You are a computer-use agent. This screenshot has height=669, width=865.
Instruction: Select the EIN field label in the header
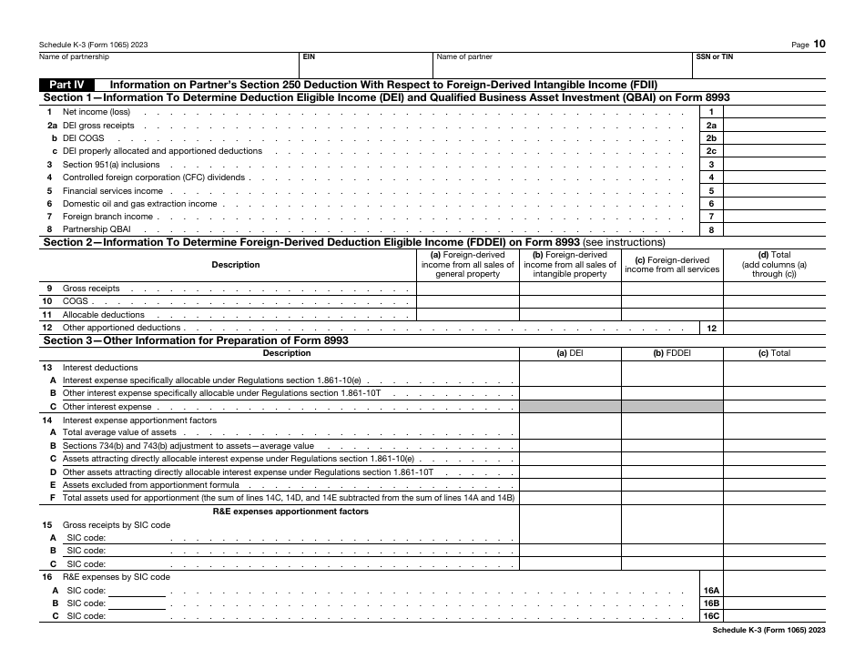pyautogui.click(x=309, y=56)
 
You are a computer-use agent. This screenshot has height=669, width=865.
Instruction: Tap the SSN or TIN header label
pyautogui.click(x=714, y=56)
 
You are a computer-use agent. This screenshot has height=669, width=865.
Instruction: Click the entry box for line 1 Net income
pyautogui.click(x=774, y=111)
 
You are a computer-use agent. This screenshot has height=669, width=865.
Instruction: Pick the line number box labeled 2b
pyautogui.click(x=711, y=138)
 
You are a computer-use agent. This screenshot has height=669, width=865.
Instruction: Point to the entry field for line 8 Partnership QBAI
pyautogui.click(x=774, y=230)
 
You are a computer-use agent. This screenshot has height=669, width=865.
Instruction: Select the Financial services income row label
pyautogui.click(x=113, y=191)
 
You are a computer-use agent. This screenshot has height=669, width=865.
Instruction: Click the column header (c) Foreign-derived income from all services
pyautogui.click(x=672, y=265)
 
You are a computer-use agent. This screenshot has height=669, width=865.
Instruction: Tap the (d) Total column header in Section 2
pyautogui.click(x=774, y=265)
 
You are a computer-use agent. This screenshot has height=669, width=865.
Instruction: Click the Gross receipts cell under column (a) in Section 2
pyautogui.click(x=468, y=289)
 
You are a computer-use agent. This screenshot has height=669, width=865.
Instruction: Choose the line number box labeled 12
pyautogui.click(x=711, y=328)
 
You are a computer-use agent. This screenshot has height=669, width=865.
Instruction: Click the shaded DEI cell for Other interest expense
pyautogui.click(x=570, y=407)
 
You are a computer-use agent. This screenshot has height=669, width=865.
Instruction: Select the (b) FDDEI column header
pyautogui.click(x=672, y=353)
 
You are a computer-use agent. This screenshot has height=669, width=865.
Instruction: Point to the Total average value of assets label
pyautogui.click(x=119, y=432)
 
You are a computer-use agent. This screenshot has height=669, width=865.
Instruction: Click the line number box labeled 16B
pyautogui.click(x=711, y=603)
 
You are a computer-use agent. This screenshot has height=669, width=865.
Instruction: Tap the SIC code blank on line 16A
pyautogui.click(x=137, y=591)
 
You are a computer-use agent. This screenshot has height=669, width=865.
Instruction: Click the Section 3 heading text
pyautogui.click(x=196, y=340)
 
